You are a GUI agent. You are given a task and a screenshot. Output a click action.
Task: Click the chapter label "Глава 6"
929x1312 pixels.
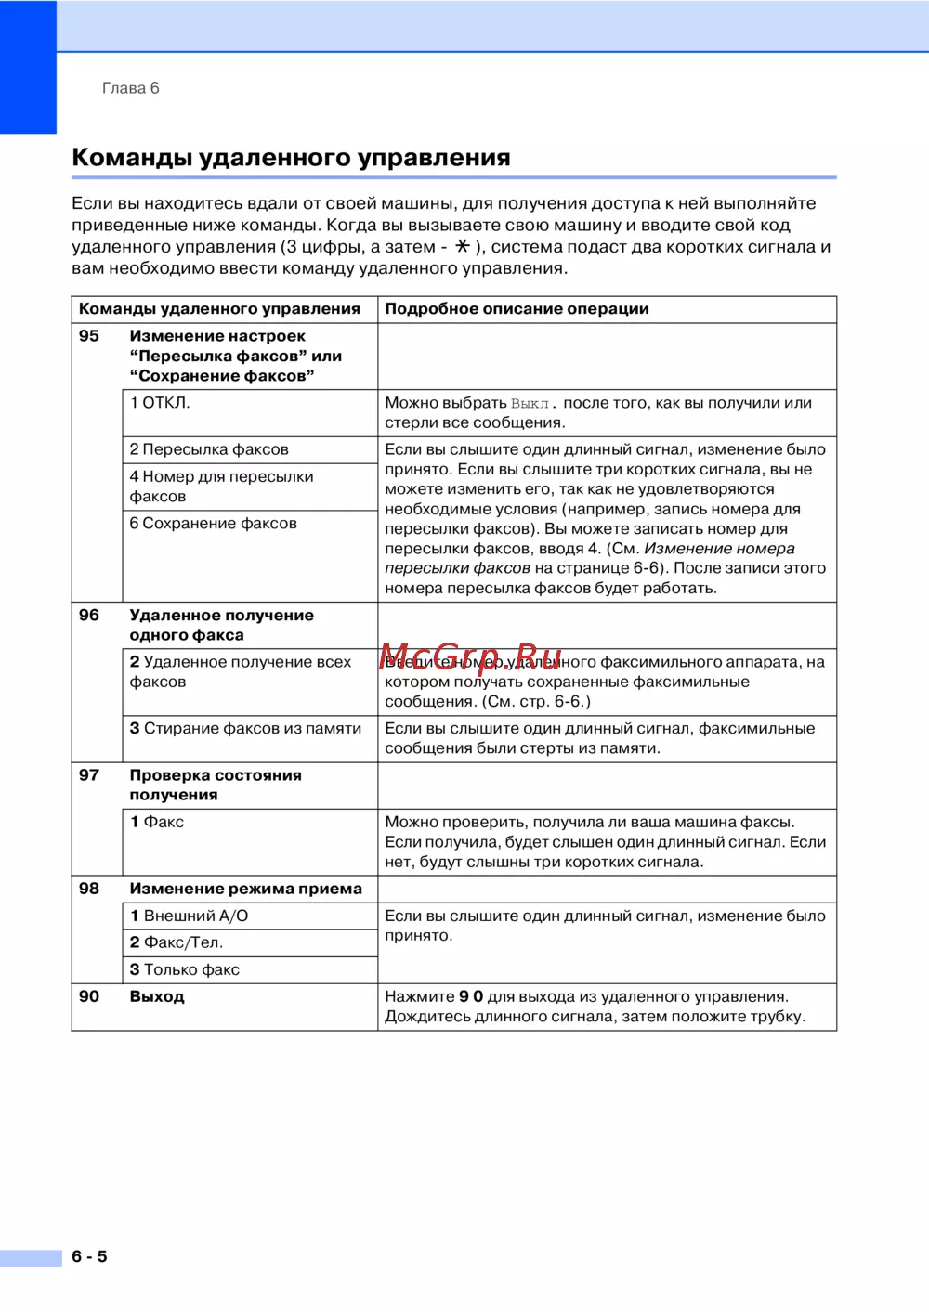(x=130, y=88)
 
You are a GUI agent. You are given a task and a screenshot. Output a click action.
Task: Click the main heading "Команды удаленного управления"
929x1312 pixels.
(x=291, y=157)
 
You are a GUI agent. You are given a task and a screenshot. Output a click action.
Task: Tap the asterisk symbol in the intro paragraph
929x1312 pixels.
(x=462, y=246)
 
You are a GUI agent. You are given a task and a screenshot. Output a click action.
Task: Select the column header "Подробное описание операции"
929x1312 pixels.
(x=517, y=309)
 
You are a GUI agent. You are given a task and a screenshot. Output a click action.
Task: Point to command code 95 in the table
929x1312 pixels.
(x=89, y=336)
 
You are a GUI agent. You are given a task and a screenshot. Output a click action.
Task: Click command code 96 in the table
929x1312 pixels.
(x=89, y=615)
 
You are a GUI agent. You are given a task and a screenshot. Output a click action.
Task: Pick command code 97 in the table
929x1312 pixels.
(x=89, y=774)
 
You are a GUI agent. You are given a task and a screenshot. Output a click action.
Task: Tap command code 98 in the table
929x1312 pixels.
(x=89, y=889)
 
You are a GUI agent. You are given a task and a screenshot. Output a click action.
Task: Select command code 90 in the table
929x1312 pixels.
(x=89, y=996)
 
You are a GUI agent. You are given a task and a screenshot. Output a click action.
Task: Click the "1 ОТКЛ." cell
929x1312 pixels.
(x=160, y=403)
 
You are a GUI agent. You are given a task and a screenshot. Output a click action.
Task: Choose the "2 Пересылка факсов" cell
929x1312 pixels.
(x=209, y=449)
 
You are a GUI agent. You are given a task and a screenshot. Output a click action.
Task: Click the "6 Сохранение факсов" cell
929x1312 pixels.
(x=213, y=524)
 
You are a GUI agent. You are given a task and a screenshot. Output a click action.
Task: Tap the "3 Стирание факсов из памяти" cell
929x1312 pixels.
(x=245, y=729)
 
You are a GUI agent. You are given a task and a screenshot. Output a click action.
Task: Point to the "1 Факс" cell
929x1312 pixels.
(x=157, y=822)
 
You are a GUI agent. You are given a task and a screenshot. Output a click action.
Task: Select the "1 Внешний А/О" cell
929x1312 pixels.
(x=189, y=916)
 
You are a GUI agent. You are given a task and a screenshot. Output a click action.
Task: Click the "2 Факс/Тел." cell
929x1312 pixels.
(x=177, y=942)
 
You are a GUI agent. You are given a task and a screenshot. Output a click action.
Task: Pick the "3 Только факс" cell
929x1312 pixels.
(x=185, y=969)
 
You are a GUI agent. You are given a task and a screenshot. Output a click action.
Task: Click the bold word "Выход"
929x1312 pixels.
(x=157, y=996)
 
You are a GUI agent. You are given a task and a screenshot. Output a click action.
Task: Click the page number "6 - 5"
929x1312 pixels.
(x=89, y=1256)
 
